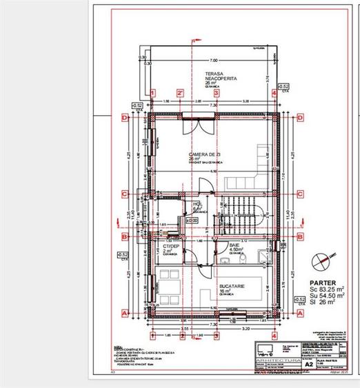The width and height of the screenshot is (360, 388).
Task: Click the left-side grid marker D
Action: click(125, 118)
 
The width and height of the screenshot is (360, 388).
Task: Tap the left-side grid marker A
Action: click(125, 312)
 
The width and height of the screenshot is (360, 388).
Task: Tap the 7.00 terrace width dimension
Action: click(214, 61)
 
